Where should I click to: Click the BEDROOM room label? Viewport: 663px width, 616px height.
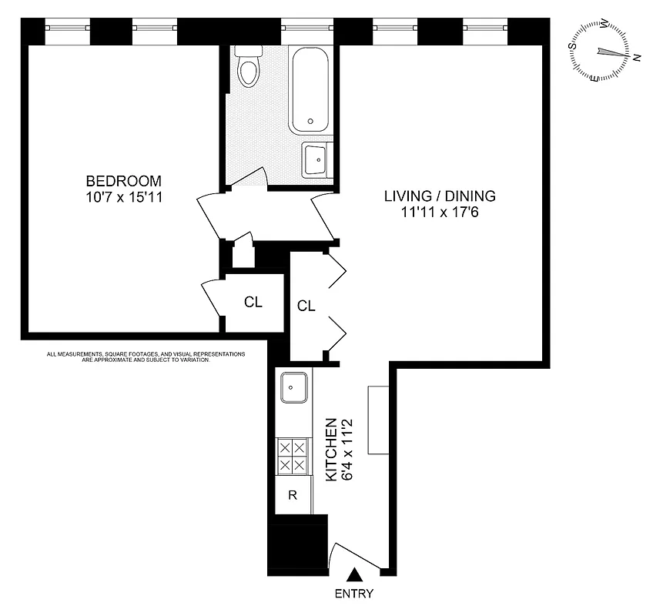click(124, 181)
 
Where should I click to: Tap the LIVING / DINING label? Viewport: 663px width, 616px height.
click(440, 196)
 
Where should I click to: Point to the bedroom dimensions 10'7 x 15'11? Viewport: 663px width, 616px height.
click(124, 197)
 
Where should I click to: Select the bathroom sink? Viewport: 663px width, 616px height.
click(316, 159)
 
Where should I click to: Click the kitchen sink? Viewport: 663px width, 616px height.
click(293, 387)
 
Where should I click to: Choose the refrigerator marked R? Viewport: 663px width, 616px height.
click(293, 495)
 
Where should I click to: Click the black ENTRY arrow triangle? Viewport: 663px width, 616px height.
click(355, 574)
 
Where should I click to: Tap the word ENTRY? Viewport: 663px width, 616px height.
click(355, 594)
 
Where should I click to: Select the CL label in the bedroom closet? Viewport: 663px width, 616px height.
click(253, 302)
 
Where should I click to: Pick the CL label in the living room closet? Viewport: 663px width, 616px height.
click(306, 306)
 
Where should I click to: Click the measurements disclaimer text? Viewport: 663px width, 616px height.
click(146, 357)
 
